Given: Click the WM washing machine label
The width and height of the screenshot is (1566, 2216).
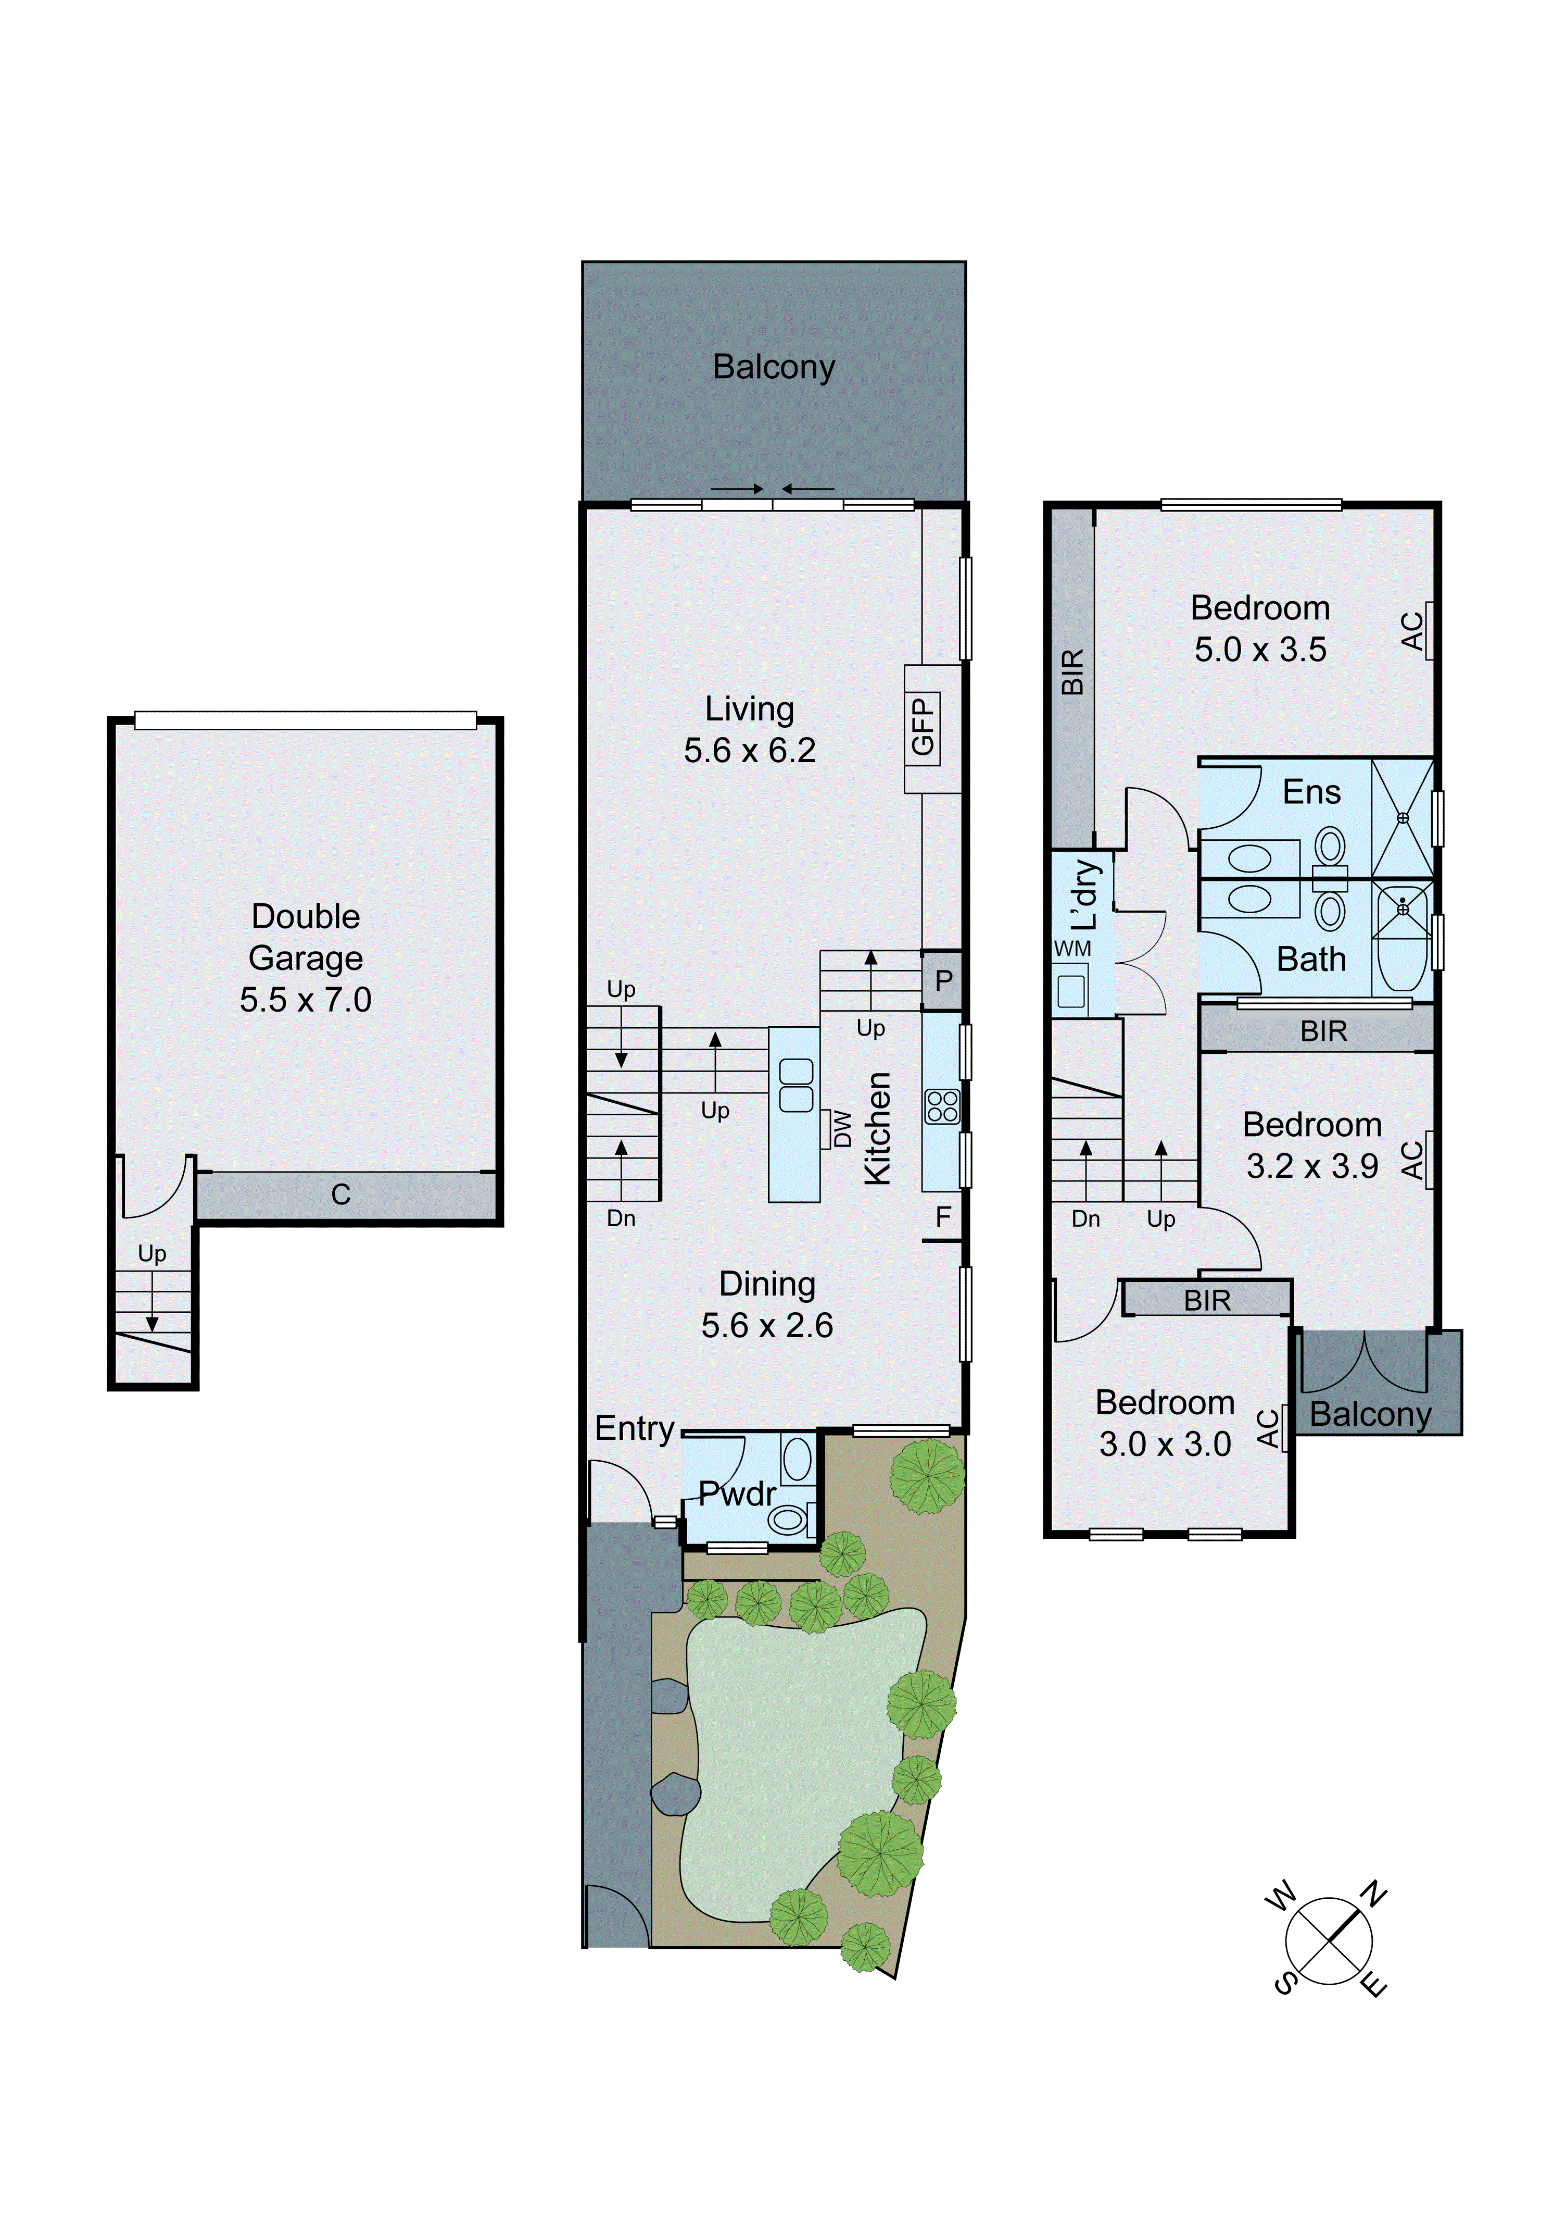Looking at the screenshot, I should (1072, 949).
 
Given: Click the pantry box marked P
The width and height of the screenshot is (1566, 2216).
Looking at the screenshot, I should (943, 980).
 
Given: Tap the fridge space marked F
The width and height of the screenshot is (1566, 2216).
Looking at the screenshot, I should (943, 1217).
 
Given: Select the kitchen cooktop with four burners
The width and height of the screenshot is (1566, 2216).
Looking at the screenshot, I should (942, 1106).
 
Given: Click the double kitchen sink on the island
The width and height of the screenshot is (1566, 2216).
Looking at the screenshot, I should (796, 1085).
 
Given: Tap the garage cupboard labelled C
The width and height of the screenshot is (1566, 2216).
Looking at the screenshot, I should (342, 1195).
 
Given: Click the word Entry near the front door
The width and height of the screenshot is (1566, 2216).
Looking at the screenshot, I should (634, 1428).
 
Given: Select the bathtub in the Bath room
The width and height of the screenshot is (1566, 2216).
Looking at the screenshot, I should (1402, 940).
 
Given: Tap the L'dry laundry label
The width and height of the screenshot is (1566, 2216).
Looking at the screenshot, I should (1085, 895).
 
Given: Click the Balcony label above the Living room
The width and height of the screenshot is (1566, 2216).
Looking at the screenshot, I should (774, 367).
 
